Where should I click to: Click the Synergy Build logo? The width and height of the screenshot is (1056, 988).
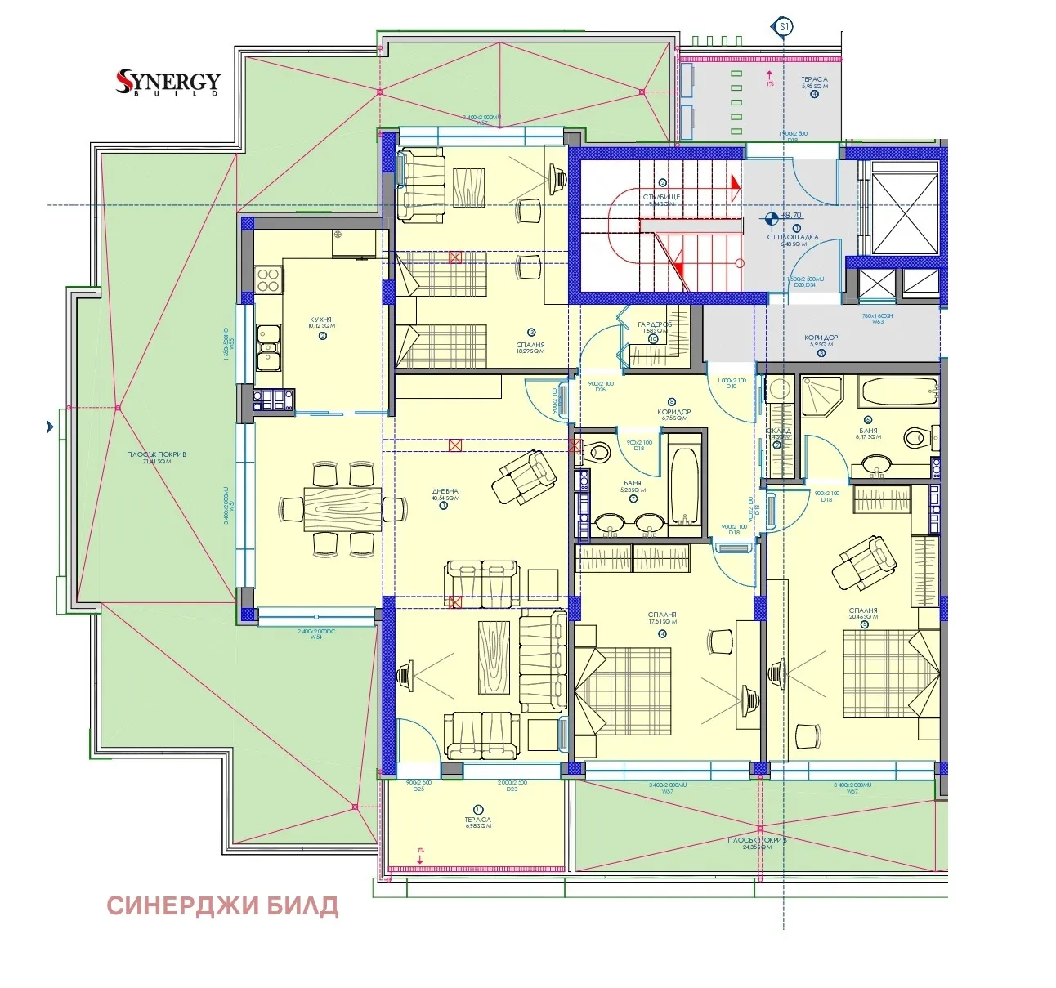click(168, 83)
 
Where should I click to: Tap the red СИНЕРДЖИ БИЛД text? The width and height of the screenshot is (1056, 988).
click(222, 906)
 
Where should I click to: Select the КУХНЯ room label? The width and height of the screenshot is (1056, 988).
click(320, 320)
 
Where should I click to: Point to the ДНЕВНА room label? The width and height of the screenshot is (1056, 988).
click(445, 493)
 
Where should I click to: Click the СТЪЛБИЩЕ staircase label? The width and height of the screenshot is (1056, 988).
click(661, 198)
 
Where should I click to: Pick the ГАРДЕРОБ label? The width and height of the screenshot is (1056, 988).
click(654, 324)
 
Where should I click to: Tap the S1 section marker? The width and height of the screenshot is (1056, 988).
click(783, 27)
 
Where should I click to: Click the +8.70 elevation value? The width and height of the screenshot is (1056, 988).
click(791, 217)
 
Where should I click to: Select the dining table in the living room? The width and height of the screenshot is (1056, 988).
click(342, 508)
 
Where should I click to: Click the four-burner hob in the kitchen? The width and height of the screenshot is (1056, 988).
click(269, 279)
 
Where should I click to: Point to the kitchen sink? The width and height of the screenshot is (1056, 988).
click(267, 349)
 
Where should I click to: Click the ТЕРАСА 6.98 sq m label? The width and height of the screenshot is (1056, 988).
click(478, 820)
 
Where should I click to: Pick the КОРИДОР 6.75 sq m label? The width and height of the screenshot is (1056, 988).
click(673, 414)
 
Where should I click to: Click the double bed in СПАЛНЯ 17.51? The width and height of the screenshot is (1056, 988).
click(623, 691)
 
